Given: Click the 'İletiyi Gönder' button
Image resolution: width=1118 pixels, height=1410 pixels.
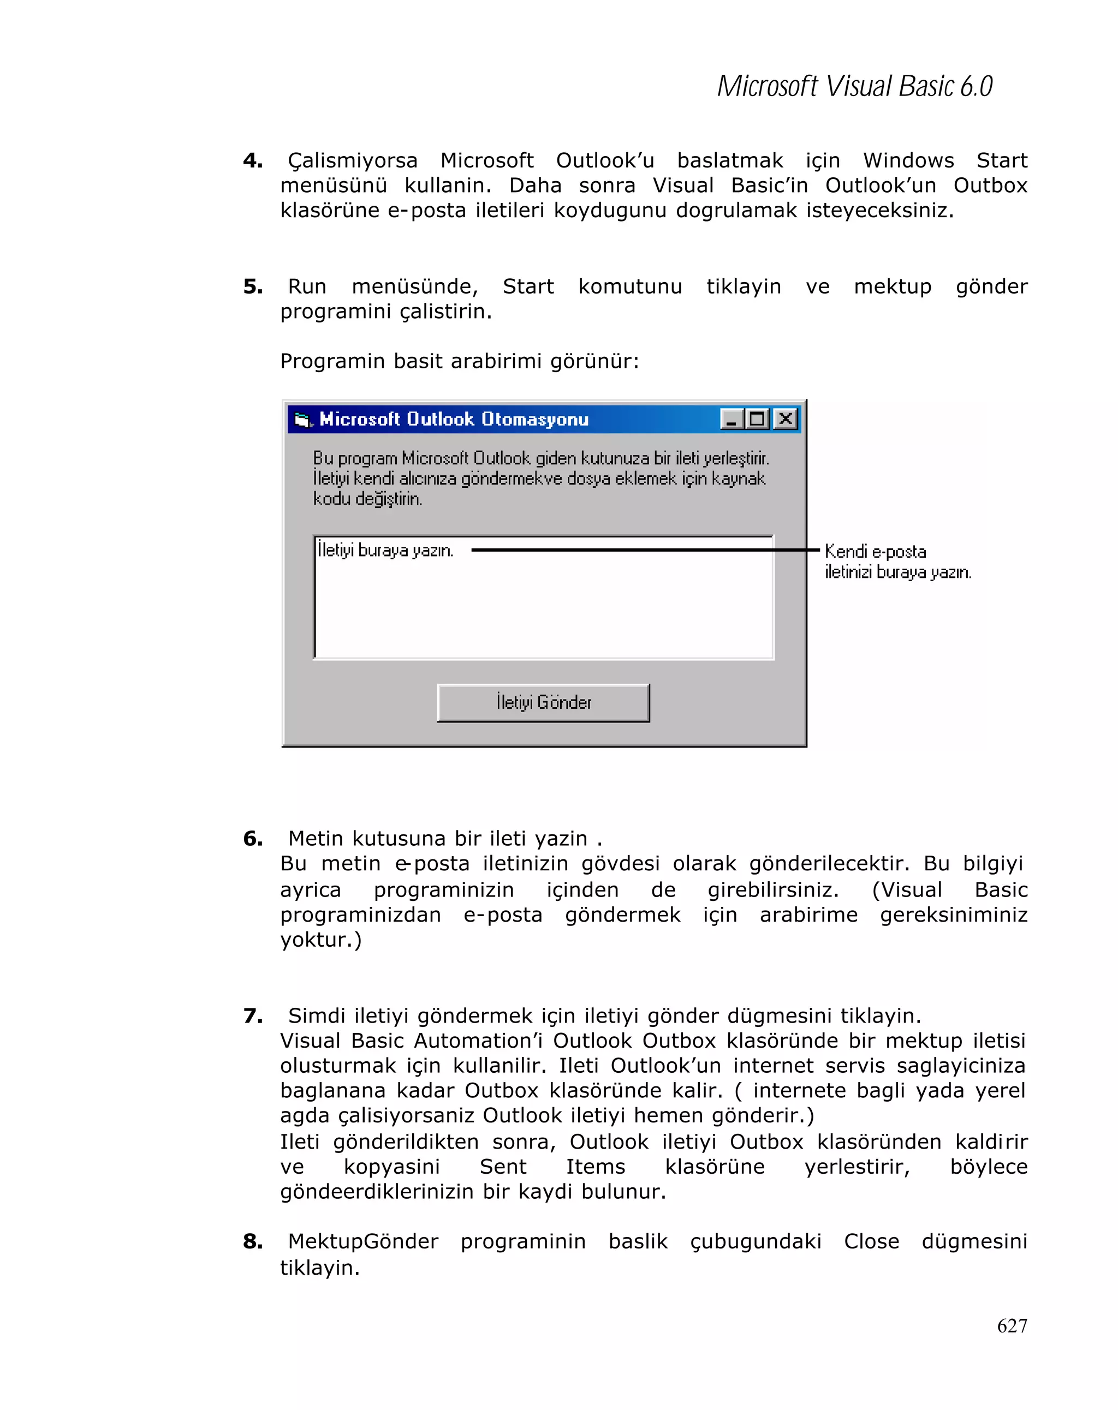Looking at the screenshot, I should click(543, 702).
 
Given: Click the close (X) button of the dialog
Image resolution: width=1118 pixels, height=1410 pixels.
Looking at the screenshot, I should click(785, 419).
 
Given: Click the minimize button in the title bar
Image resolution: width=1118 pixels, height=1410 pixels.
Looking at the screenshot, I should click(732, 419).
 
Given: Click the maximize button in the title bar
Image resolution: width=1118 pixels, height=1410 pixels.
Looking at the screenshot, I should click(758, 419).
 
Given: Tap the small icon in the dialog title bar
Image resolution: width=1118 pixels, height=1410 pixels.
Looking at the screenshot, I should click(303, 419).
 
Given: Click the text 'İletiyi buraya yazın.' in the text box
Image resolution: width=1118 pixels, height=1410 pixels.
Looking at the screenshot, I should click(385, 550).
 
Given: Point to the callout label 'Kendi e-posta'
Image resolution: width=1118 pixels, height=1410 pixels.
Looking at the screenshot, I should click(875, 551).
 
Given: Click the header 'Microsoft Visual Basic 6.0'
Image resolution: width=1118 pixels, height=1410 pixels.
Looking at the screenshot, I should click(854, 86).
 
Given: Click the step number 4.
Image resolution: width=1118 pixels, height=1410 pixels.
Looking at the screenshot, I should click(253, 160).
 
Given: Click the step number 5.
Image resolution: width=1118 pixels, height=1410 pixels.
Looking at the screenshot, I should click(253, 286).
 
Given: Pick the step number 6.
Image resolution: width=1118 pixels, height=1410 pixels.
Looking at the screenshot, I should click(253, 838).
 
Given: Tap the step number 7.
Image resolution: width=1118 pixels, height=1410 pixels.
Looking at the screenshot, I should click(253, 1015).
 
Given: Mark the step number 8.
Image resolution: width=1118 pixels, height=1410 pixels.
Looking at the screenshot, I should click(253, 1241).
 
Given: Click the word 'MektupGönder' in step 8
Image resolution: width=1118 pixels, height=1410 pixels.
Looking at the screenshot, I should click(363, 1241).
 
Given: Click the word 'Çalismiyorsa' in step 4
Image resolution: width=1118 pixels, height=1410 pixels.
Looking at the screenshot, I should click(353, 160).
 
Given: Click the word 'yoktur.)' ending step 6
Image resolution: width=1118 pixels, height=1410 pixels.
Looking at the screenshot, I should click(320, 940).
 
